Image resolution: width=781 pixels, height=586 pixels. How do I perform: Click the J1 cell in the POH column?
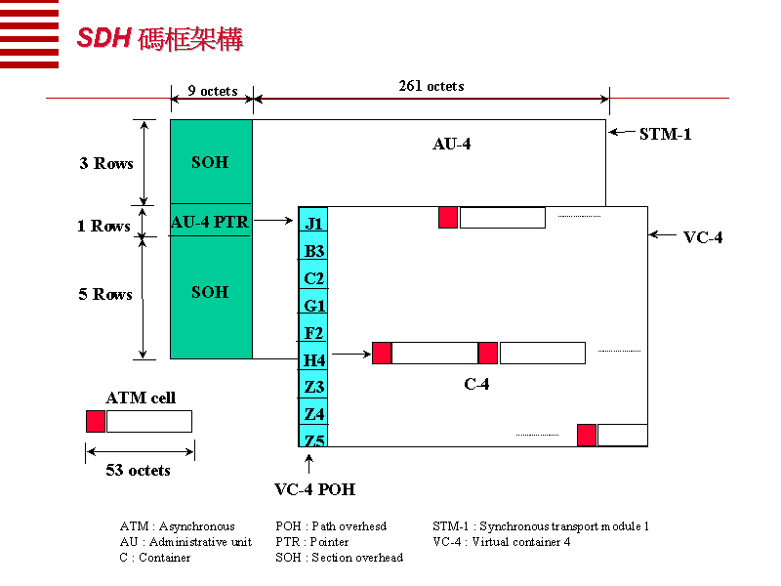[x=313, y=224]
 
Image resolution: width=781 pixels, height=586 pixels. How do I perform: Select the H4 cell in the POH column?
[x=313, y=360]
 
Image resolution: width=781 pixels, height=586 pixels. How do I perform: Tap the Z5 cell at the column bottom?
[x=313, y=440]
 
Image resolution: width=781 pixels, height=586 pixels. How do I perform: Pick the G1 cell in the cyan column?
[x=313, y=306]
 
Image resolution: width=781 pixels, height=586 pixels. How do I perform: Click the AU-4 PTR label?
[x=210, y=222]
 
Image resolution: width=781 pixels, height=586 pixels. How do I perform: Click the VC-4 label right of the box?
[x=703, y=237]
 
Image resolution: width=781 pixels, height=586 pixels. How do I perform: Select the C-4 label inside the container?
[x=476, y=384]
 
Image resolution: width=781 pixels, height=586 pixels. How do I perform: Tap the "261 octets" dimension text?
[x=432, y=86]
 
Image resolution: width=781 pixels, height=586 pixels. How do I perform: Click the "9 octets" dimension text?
[x=213, y=91]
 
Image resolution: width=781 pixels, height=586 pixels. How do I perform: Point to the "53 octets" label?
[x=139, y=470]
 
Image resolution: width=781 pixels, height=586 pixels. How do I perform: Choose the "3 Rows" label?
[x=106, y=163]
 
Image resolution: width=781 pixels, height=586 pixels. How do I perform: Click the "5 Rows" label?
[x=105, y=294]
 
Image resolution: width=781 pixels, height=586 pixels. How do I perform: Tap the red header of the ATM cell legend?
[x=96, y=422]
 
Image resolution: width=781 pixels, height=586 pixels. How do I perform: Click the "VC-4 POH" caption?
[x=314, y=489]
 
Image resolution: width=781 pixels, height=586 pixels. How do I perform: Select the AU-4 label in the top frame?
[x=452, y=145]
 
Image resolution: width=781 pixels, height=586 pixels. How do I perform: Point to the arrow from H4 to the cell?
[x=349, y=354]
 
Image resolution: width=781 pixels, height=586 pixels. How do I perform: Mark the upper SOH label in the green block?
[x=210, y=162]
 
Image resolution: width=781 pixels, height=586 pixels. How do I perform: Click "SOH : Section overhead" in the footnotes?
[x=339, y=557]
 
